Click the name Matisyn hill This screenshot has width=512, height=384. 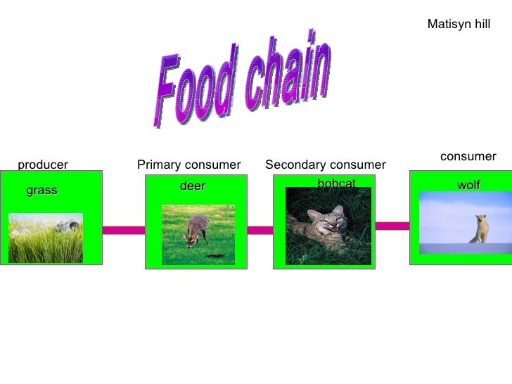(459, 24)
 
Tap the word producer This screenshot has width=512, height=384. (43, 165)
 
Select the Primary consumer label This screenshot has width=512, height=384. (188, 165)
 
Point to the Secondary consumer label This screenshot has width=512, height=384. (325, 165)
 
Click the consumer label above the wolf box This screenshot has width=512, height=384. (468, 156)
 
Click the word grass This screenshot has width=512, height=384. (41, 191)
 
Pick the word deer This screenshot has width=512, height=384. (193, 186)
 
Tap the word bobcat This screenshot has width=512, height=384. (336, 184)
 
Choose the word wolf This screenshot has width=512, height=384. (469, 185)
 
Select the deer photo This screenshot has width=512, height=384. (198, 235)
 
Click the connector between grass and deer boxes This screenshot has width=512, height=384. (124, 230)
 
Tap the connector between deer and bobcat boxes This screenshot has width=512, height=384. (260, 230)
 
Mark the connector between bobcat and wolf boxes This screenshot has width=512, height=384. (391, 226)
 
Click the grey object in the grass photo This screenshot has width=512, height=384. (68, 226)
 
